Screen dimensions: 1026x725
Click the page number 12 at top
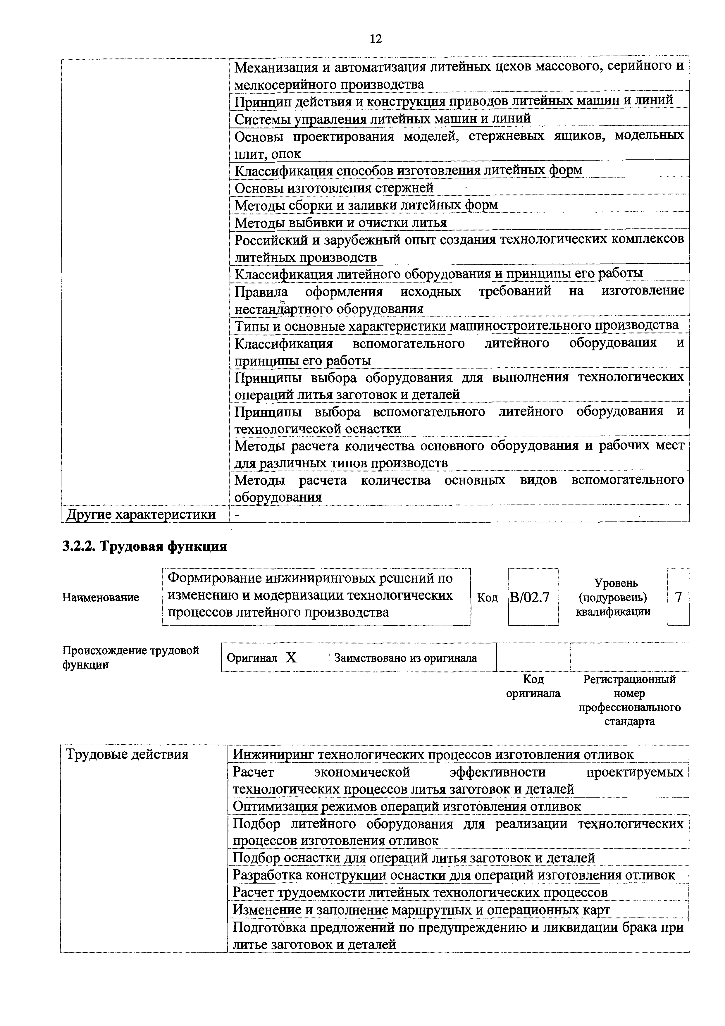(x=376, y=39)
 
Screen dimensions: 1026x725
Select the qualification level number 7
(x=678, y=597)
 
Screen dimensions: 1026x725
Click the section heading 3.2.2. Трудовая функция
(x=144, y=546)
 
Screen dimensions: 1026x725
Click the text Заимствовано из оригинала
(x=406, y=658)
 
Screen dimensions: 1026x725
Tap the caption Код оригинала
(x=533, y=686)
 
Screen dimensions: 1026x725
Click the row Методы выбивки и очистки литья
(x=340, y=223)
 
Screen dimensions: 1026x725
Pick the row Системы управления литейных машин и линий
(x=382, y=119)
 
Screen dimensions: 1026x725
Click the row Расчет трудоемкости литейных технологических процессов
(x=420, y=892)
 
